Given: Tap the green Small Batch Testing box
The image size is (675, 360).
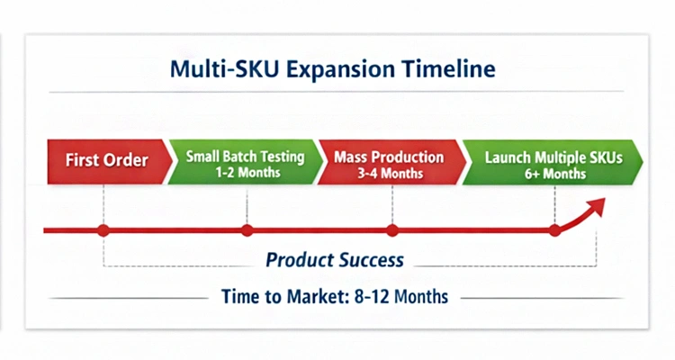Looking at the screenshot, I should click(244, 162).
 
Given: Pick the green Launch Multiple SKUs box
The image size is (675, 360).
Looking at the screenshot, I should click(551, 162).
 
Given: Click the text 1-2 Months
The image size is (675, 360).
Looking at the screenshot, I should click(245, 171).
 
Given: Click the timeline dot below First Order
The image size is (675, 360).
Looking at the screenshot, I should click(103, 230).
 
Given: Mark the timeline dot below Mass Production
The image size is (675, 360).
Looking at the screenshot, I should click(392, 230).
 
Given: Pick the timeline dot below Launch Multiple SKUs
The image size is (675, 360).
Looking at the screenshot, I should click(554, 230).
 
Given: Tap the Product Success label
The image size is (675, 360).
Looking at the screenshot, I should click(335, 261).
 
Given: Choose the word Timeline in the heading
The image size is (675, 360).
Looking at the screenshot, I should click(452, 68).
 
